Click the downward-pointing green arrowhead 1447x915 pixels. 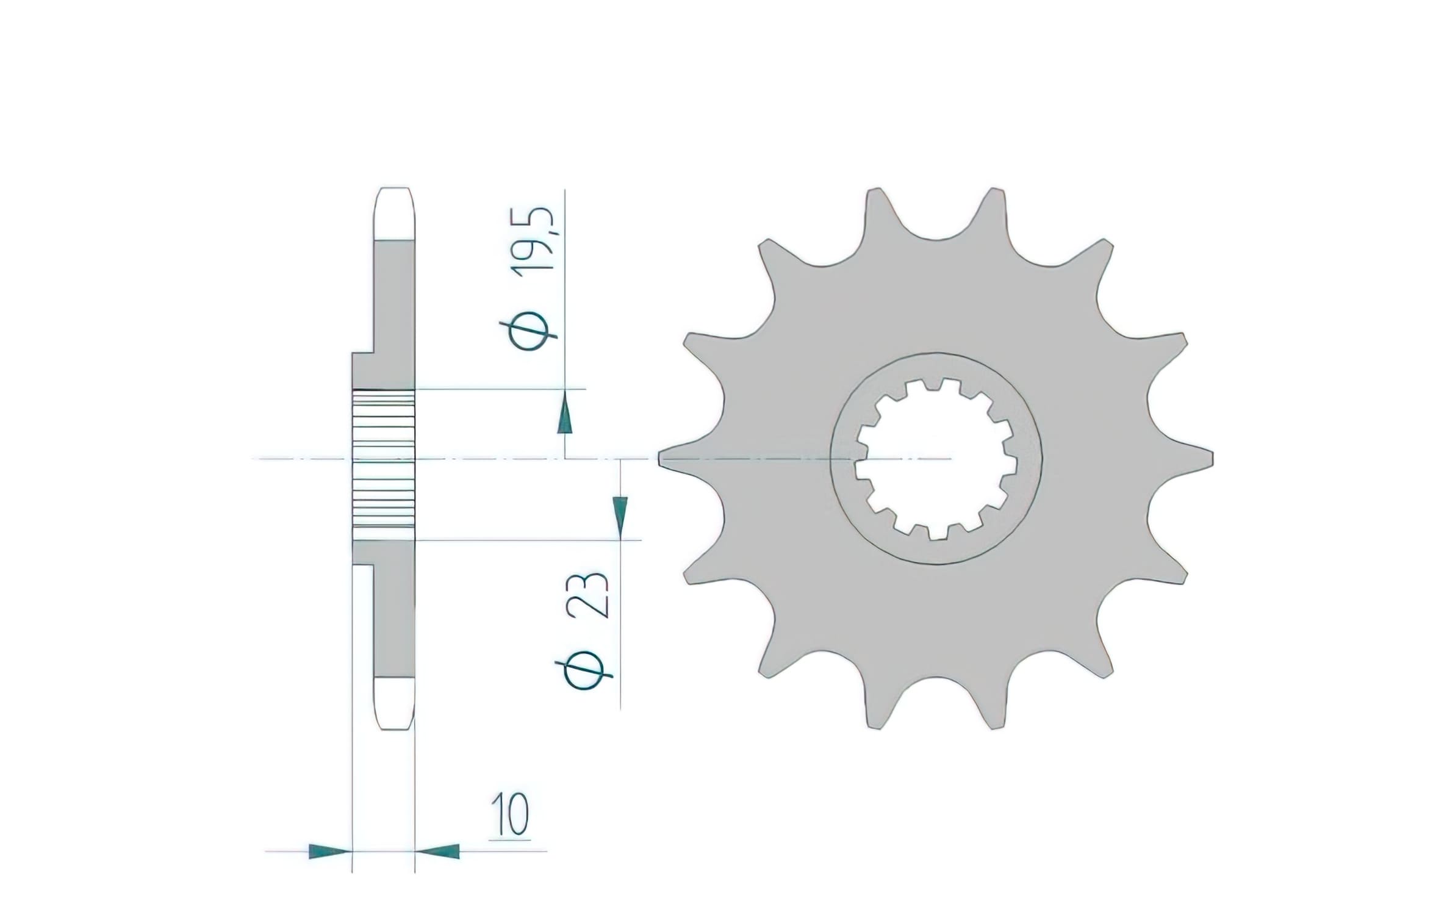620,516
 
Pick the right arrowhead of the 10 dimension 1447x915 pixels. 439,851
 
